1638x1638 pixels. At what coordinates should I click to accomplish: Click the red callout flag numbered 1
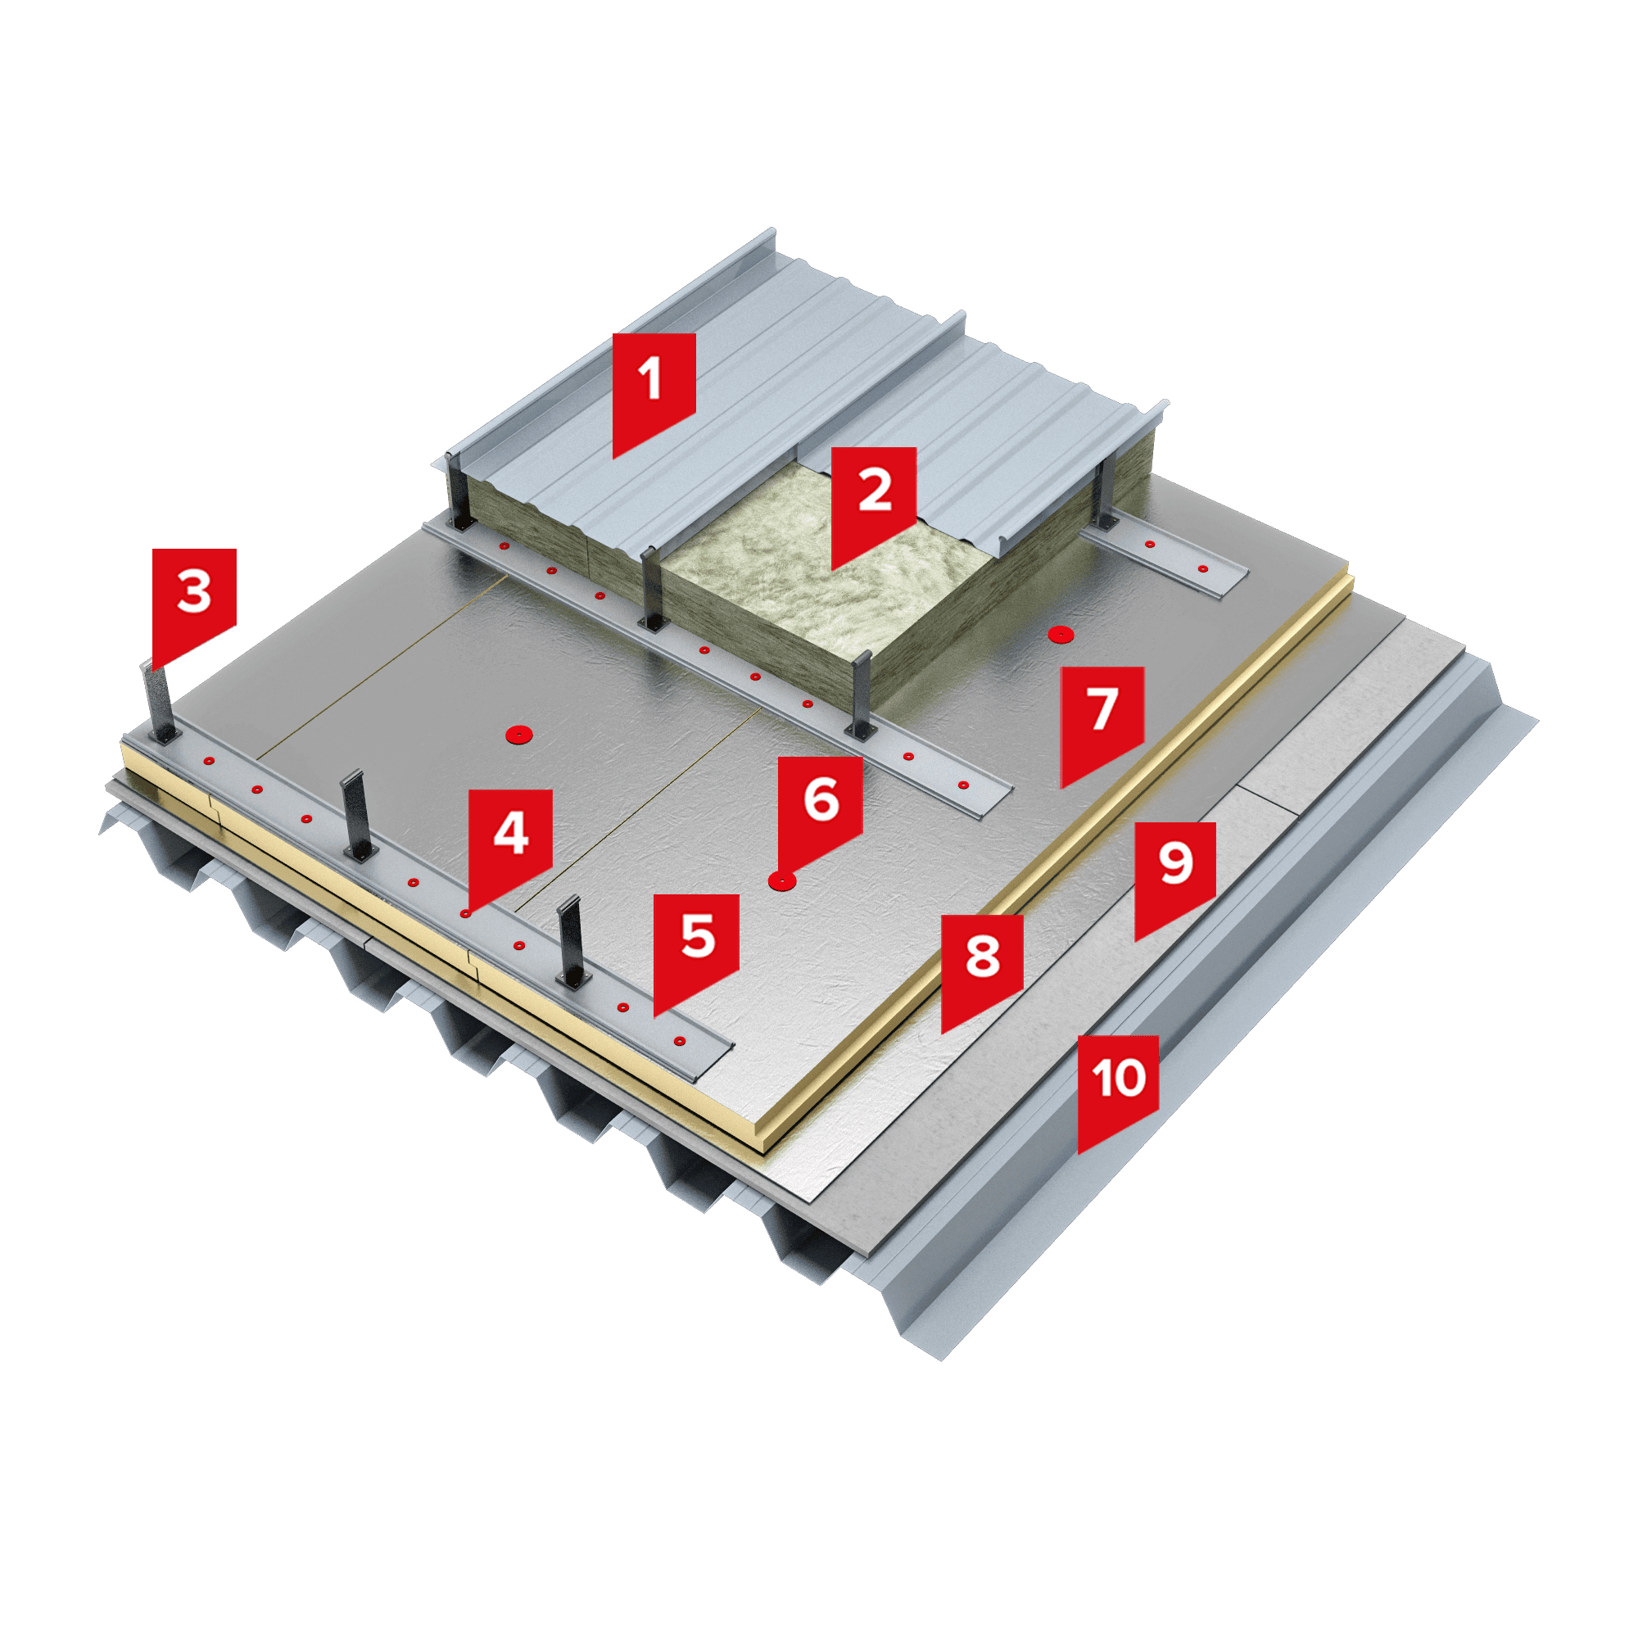pyautogui.click(x=654, y=390)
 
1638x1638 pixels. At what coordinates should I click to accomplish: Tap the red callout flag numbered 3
pyautogui.click(x=194, y=604)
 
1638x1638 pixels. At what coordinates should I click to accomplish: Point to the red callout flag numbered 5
pyautogui.click(x=696, y=949)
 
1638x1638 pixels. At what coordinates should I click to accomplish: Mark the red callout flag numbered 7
pyautogui.click(x=1102, y=722)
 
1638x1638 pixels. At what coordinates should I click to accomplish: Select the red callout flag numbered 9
pyautogui.click(x=1176, y=876)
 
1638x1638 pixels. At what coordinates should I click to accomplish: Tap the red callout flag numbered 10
pyautogui.click(x=1118, y=1089)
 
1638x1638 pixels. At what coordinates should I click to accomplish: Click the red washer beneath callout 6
pyautogui.click(x=781, y=882)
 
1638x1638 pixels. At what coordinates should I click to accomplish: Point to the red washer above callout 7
pyautogui.click(x=1060, y=633)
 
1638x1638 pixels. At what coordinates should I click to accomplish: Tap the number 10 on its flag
pyautogui.click(x=1118, y=1078)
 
